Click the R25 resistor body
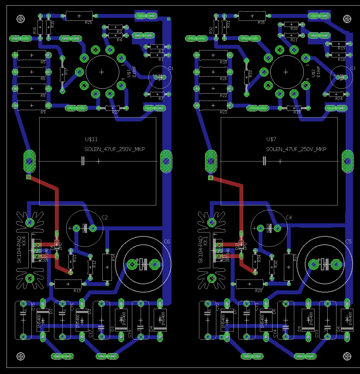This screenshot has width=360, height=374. pyautogui.click(x=79, y=16)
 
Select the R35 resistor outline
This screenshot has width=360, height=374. pyautogui.click(x=253, y=16)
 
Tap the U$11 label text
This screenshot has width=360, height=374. pyautogui.click(x=91, y=139)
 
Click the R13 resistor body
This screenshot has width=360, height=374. pyautogui.click(x=68, y=284)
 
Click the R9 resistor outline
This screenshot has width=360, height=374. pyautogui.click(x=32, y=105)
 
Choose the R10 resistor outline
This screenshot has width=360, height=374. pyautogui.click(x=212, y=55)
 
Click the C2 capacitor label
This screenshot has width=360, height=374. pyautogui.click(x=104, y=217)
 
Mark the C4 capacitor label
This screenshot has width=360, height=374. pyautogui.click(x=289, y=217)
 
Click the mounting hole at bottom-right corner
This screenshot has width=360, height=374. pyautogui.click(x=347, y=356)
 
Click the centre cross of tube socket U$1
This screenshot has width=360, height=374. pyautogui.click(x=102, y=72)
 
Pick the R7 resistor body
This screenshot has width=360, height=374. pyautogui.click(x=157, y=94)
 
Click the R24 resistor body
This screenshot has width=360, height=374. pyautogui.click(x=336, y=94)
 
